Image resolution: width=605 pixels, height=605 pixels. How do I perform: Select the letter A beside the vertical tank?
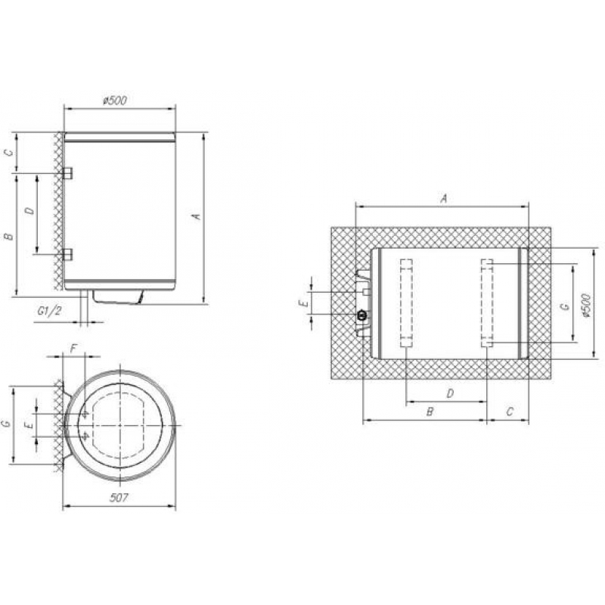[x=196, y=217]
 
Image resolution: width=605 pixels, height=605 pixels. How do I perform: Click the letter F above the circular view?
[x=73, y=349]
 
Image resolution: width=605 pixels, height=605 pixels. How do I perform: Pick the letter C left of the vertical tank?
[x=8, y=153]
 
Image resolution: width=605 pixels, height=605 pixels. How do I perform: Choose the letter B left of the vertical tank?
[x=8, y=237]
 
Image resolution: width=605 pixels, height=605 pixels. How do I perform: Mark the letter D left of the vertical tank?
[x=29, y=213]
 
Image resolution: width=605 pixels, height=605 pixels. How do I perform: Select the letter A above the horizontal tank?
[x=444, y=198]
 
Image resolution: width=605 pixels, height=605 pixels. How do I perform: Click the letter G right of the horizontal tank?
[x=562, y=306]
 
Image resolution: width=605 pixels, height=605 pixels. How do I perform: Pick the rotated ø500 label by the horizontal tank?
[x=588, y=302]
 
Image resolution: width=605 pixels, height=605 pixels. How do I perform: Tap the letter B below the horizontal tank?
[x=429, y=412]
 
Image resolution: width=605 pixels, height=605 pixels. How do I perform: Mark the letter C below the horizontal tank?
[x=510, y=412]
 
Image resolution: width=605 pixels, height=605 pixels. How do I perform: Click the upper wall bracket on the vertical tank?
[x=67, y=173]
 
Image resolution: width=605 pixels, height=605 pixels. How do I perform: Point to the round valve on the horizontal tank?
[x=362, y=314]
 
